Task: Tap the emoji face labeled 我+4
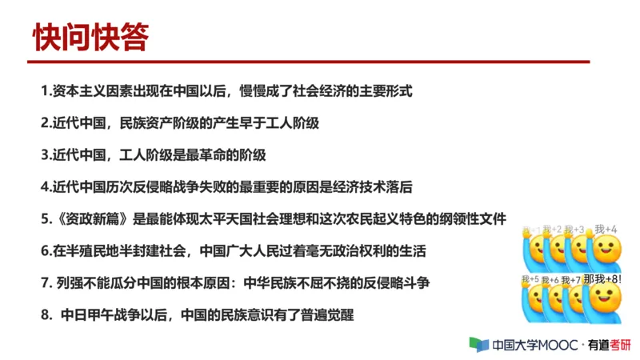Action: click(x=606, y=246)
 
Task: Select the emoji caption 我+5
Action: click(x=530, y=280)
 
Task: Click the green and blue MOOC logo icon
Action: click(x=479, y=345)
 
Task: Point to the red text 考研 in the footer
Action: click(x=621, y=345)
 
